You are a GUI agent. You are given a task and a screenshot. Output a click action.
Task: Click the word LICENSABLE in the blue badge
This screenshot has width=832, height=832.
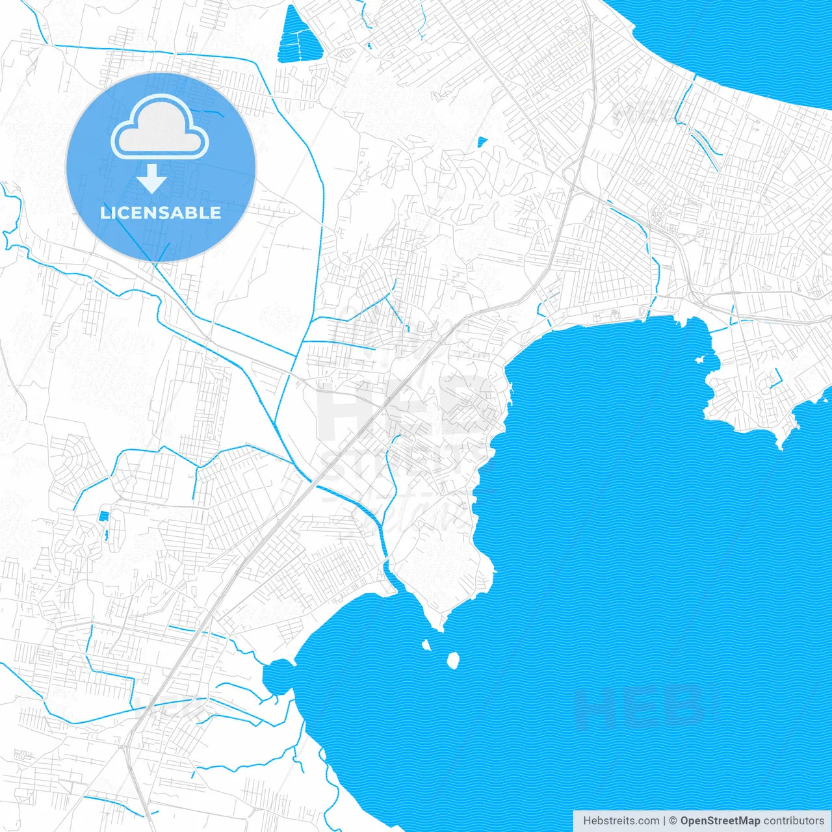[x=161, y=213]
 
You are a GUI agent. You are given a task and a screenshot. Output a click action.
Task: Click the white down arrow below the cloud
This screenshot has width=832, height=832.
[x=151, y=179]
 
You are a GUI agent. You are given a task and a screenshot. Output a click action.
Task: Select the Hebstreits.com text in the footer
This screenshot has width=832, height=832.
[x=621, y=821]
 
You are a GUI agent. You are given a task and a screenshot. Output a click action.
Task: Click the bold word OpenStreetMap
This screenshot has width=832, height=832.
[x=720, y=821]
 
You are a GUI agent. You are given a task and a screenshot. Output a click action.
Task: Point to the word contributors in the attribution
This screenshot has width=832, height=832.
[x=794, y=821]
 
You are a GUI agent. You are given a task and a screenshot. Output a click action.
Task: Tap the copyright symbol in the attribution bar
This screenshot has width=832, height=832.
[x=673, y=821]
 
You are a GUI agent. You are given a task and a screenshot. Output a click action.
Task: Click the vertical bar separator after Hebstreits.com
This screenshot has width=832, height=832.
[x=664, y=821]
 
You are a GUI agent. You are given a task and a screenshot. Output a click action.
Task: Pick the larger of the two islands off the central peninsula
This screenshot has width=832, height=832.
[x=453, y=660]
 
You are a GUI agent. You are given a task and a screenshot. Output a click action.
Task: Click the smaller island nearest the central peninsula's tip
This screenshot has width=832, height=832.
[x=426, y=645]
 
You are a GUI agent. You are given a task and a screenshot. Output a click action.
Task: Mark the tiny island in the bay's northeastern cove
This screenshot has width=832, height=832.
[x=700, y=359]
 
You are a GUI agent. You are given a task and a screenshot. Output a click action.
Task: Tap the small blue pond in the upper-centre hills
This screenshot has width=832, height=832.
[x=482, y=141]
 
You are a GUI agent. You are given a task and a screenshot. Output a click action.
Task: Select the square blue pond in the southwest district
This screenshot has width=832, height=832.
[x=103, y=516]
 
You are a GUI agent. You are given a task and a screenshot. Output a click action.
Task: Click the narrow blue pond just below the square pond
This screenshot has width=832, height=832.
[x=106, y=536]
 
